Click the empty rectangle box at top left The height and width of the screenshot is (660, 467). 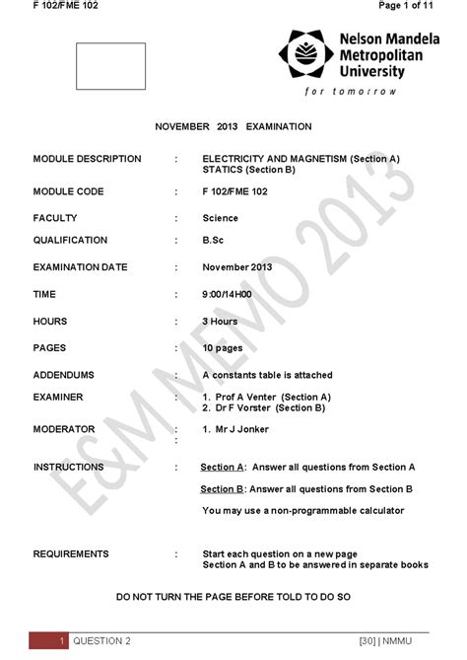[x=110, y=66]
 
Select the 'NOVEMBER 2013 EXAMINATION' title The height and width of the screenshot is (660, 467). [x=233, y=126]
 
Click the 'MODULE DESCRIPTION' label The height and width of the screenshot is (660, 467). [x=87, y=159]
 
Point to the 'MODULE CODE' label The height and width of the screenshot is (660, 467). [x=68, y=191]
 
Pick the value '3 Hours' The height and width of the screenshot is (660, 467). [x=220, y=321]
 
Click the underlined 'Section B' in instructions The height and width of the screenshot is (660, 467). [x=223, y=488]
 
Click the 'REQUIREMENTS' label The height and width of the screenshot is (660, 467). [x=71, y=553]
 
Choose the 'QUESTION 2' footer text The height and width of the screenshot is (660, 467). [x=104, y=641]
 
